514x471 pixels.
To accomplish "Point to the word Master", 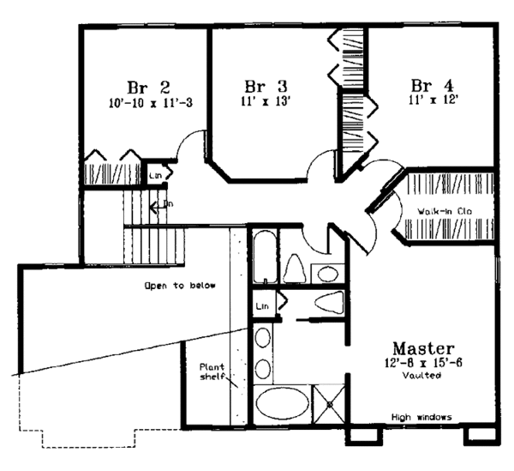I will (422, 348).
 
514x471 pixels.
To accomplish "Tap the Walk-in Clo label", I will (445, 209).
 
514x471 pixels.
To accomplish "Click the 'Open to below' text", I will (181, 285).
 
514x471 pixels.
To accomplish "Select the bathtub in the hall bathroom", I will (266, 256).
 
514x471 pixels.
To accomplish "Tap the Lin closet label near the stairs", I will (155, 176).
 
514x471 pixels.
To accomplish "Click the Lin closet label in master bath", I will (262, 305).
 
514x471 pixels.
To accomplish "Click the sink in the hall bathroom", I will (326, 274).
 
